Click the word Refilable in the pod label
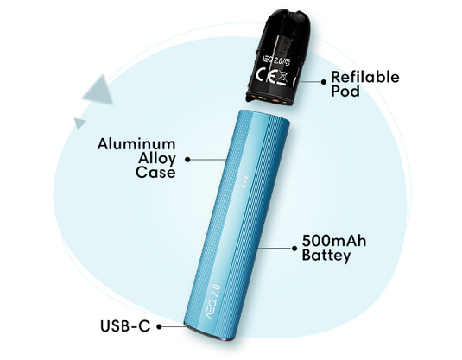[x=365, y=77]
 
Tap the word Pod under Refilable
[x=345, y=91]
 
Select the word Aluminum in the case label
[x=136, y=144]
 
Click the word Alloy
[x=157, y=159]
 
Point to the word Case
[x=155, y=172]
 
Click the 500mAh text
[x=334, y=241]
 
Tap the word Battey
[x=326, y=256]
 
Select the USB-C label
[x=125, y=326]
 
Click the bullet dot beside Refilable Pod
[x=324, y=82]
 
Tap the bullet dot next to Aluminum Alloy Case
[x=187, y=160]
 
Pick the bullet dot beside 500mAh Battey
[x=294, y=249]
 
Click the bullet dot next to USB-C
[x=159, y=326]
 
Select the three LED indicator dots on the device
[x=244, y=182]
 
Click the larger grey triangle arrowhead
[x=98, y=90]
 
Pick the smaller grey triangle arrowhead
[x=79, y=123]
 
